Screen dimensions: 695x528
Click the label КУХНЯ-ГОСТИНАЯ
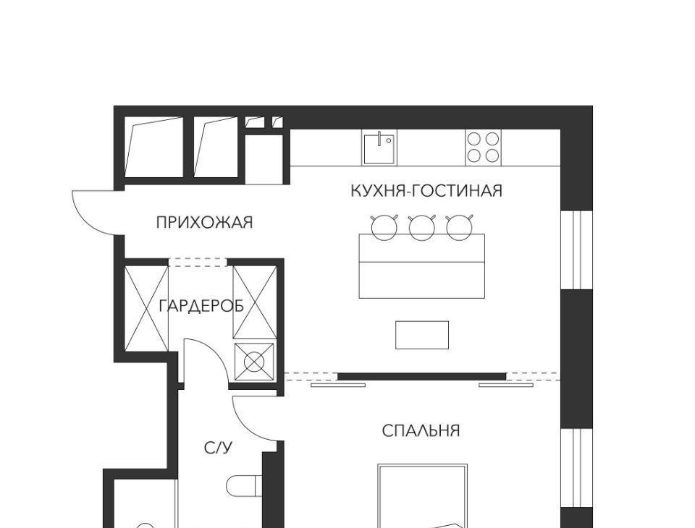coord(426,191)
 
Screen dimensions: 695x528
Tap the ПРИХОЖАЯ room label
coord(204,222)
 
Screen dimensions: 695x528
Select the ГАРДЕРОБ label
coord(201,306)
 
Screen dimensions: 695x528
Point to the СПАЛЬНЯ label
coord(421,430)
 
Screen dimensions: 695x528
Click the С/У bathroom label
coord(218,448)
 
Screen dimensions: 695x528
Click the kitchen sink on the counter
coord(379,148)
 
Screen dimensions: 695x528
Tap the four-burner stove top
coord(483,148)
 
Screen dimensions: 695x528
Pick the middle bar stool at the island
coord(422,226)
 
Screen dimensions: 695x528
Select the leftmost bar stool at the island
coord(384,226)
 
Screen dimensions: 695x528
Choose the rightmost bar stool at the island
coord(459,226)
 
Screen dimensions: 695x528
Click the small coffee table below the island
coord(422,335)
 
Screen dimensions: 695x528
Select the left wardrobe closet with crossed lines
coord(146,308)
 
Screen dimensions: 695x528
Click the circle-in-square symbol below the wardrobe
coord(254,362)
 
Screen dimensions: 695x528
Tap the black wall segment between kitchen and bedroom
coord(421,377)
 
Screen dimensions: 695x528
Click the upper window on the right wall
coord(577,250)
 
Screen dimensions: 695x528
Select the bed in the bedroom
coord(422,495)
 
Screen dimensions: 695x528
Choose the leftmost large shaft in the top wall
coord(153,147)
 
